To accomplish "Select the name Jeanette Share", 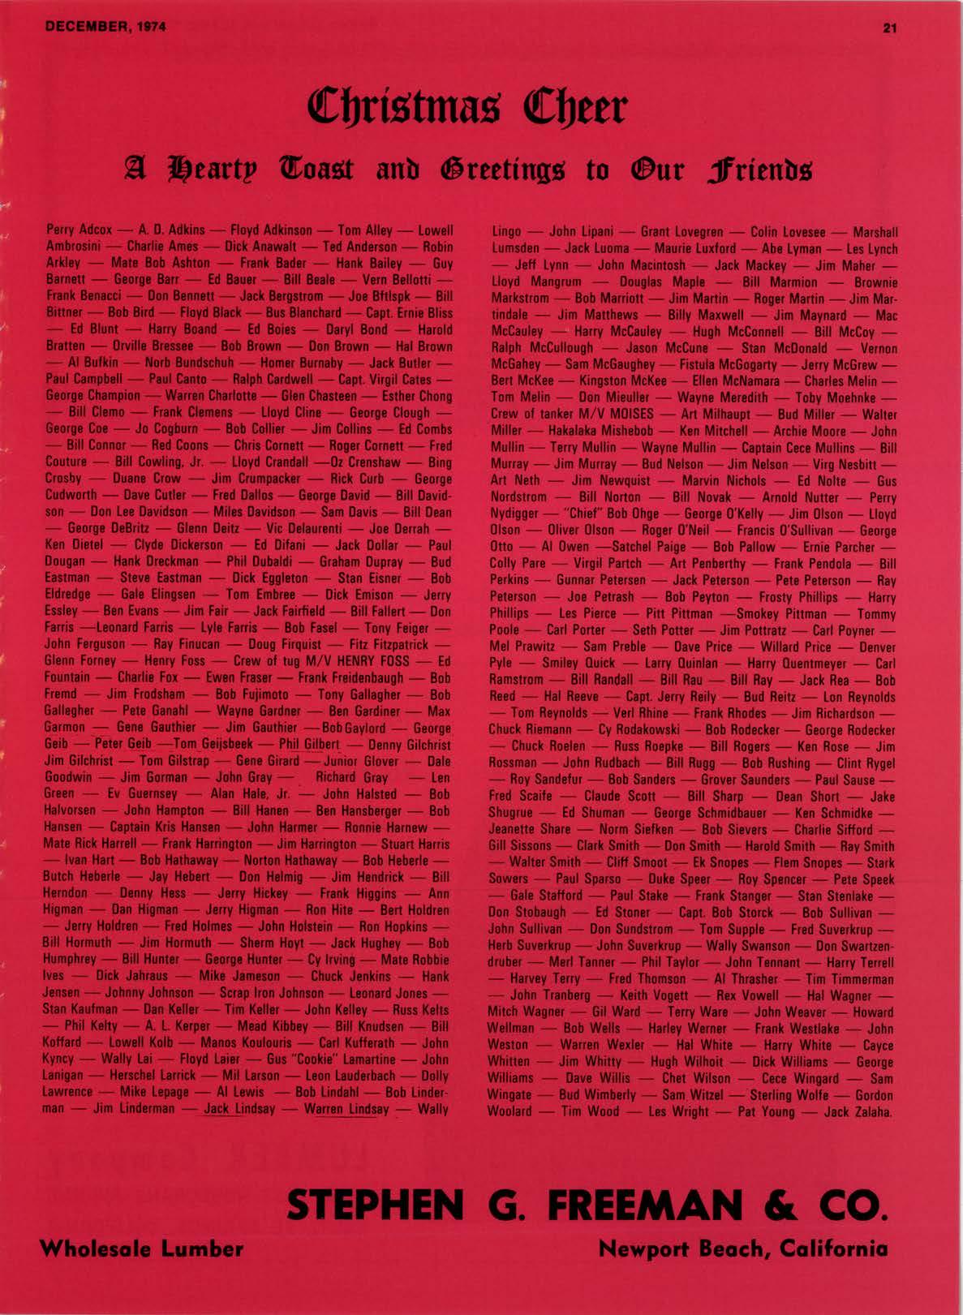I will [530, 829].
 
